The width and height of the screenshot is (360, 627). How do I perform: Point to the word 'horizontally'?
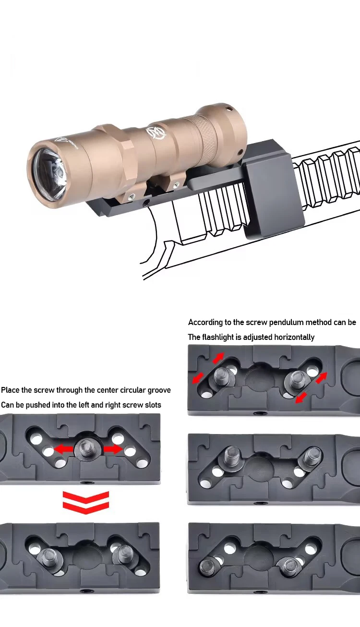click(294, 337)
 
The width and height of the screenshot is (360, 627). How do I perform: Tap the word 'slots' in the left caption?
click(153, 405)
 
